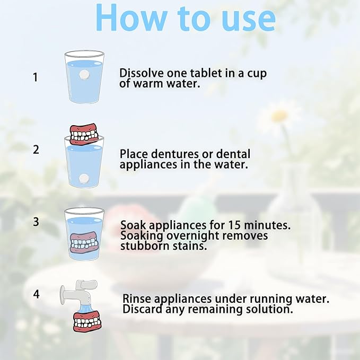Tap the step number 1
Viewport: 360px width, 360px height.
[35, 77]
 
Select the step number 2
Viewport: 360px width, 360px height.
[36, 150]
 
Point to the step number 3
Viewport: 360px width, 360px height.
[36, 222]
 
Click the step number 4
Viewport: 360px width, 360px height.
[36, 294]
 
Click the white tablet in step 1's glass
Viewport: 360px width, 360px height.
[84, 75]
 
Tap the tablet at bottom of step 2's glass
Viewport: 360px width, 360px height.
[84, 178]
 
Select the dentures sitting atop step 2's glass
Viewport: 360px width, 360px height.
[84, 134]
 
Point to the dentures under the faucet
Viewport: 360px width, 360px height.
[87, 321]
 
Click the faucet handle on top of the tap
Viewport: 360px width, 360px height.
[86, 284]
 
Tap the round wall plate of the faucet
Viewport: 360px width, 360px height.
[63, 295]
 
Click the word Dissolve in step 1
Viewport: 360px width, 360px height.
[142, 73]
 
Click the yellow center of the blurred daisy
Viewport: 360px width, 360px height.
[279, 116]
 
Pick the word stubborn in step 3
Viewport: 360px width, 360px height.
[145, 246]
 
